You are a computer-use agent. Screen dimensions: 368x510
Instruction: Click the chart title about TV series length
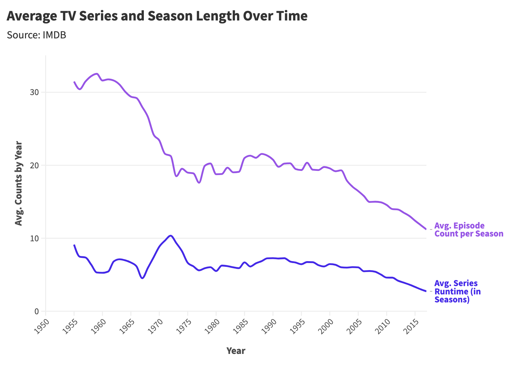click(157, 16)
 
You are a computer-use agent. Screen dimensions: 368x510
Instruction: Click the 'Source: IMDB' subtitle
click(36, 35)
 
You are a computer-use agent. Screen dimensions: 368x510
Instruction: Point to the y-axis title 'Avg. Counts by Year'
click(19, 183)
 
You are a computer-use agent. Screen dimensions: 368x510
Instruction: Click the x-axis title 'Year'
click(236, 351)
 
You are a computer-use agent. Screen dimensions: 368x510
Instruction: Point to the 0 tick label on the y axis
click(37, 311)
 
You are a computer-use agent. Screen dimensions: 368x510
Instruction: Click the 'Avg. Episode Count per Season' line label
click(468, 230)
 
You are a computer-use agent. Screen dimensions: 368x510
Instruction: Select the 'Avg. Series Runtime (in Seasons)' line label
click(457, 291)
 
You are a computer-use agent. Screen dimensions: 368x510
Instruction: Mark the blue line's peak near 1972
click(170, 236)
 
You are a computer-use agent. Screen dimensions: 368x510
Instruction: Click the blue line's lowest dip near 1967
click(142, 278)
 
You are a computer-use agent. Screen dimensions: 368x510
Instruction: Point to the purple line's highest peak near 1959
click(97, 74)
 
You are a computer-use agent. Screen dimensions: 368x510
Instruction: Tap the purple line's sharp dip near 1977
click(199, 183)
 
